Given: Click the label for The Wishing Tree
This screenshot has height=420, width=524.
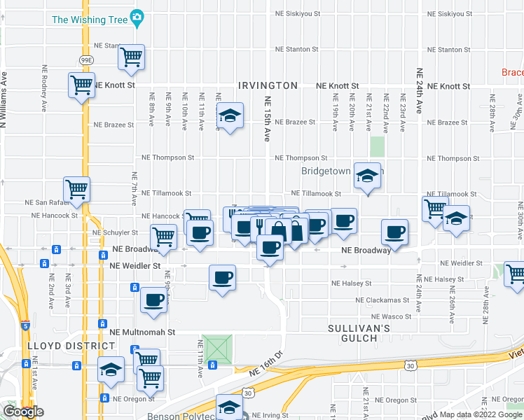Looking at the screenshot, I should click(x=90, y=19).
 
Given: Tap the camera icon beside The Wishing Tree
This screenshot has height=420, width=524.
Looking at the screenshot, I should click(x=137, y=16).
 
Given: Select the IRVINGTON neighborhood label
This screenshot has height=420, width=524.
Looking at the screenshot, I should click(x=268, y=85).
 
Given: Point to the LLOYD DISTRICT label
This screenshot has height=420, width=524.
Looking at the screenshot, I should click(x=61, y=346).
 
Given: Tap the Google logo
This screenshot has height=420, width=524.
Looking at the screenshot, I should click(x=23, y=412).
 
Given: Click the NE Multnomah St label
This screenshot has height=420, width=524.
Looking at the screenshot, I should click(x=142, y=332).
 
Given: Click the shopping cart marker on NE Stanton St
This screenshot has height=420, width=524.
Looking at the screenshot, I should click(x=132, y=57).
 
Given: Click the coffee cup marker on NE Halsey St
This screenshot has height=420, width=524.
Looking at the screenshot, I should click(x=223, y=278).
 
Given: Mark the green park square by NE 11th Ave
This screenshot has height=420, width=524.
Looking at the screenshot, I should click(x=218, y=349).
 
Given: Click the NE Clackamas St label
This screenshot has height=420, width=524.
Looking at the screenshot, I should click(x=381, y=300).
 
